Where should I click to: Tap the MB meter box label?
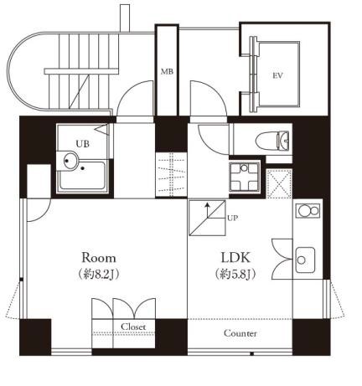(x=167, y=72)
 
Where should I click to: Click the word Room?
(x=98, y=257)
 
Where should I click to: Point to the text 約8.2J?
(x=98, y=275)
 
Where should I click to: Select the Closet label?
(x=133, y=327)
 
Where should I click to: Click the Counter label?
(x=240, y=333)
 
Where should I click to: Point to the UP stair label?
(x=232, y=219)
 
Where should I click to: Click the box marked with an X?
(x=277, y=182)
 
